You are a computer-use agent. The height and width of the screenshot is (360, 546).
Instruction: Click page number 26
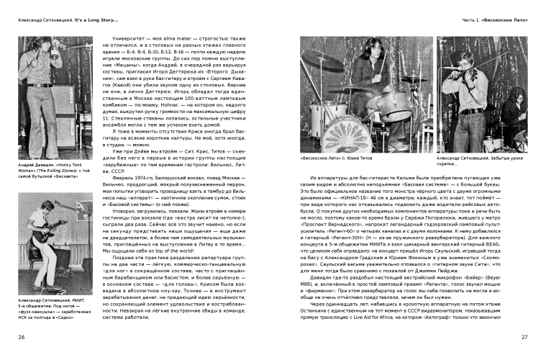[22, 336]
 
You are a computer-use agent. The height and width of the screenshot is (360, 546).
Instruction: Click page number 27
[524, 336]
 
